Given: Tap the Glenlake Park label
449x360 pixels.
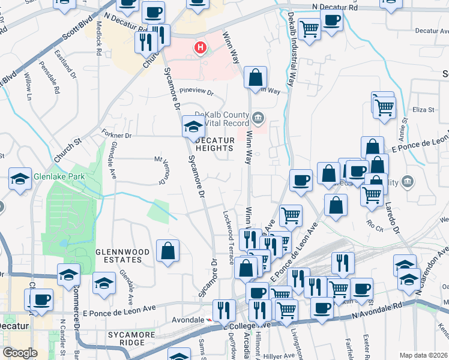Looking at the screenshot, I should [59, 176].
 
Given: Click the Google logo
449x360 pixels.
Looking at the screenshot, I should [20, 353].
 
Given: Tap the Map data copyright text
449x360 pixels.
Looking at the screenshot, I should [423, 355].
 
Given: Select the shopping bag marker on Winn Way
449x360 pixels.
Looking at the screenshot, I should [255, 77].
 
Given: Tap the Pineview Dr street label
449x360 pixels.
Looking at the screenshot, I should [197, 93].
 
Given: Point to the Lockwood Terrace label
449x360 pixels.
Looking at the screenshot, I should [229, 237].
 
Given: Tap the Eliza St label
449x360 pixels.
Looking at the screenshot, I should [423, 110].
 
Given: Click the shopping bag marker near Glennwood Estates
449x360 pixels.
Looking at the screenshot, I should [167, 251].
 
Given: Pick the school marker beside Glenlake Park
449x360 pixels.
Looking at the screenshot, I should [20, 179].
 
